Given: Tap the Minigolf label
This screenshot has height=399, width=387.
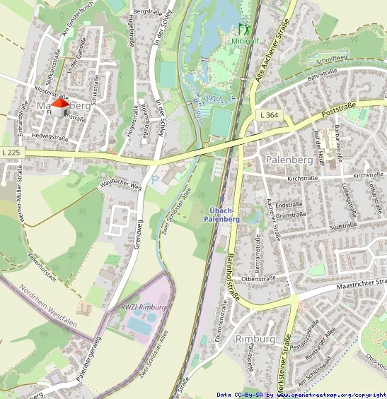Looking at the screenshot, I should click(245, 41).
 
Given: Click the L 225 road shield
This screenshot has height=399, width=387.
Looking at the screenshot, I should click(11, 152).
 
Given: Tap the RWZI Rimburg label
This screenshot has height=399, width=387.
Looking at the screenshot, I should click(143, 307).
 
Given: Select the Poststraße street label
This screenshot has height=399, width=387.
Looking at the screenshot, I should click(338, 109).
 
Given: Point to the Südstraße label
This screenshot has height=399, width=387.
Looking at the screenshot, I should click(343, 226).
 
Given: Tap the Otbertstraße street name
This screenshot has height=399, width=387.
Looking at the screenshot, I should click(258, 279).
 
